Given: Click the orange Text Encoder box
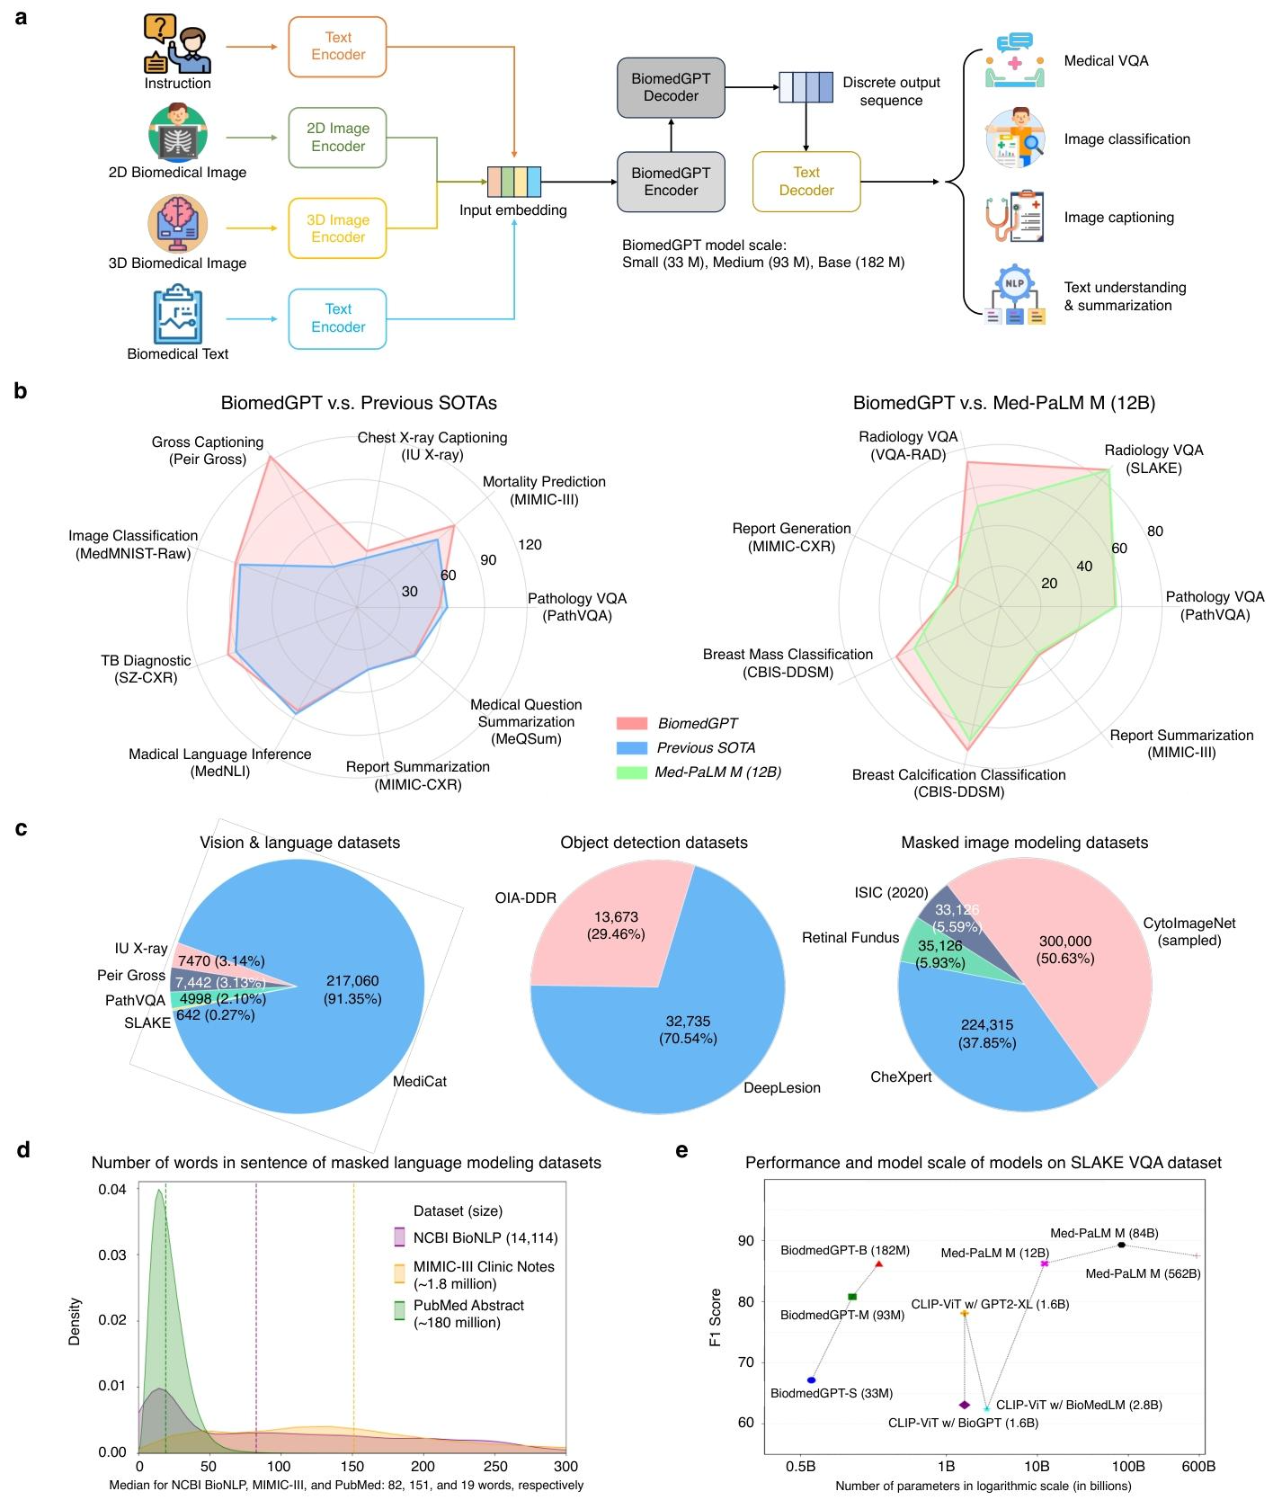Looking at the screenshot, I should tap(338, 46).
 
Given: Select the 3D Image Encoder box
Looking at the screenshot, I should tap(338, 228).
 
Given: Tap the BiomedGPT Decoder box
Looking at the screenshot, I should tap(671, 87).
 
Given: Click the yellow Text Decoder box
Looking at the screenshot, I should tap(806, 182).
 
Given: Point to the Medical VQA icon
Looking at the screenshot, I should tap(1014, 60).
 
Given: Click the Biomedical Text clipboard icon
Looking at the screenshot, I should tap(178, 315).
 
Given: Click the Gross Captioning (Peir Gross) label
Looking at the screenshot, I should tap(208, 451).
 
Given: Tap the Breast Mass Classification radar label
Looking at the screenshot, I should tap(788, 663).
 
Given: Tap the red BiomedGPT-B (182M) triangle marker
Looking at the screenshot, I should tap(879, 1263).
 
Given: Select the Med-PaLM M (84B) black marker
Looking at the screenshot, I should tap(1121, 1245).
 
